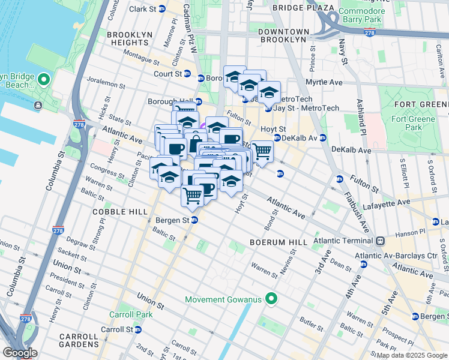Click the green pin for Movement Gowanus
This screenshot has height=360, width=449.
click(272, 298)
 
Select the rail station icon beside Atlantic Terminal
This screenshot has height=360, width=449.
click(380, 241)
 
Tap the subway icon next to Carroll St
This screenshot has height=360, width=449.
click(139, 329)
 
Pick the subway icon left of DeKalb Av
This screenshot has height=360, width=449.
click(277, 138)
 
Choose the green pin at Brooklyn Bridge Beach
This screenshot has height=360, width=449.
click(43, 79)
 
